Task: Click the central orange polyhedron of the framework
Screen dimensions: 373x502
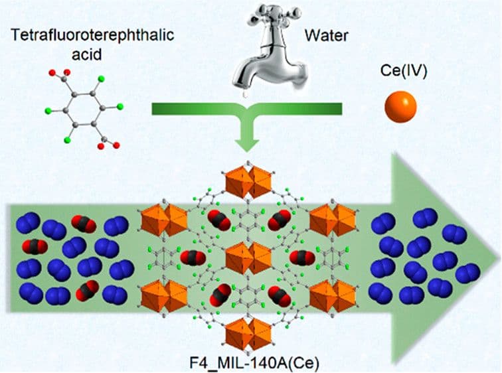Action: click(x=247, y=258)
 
